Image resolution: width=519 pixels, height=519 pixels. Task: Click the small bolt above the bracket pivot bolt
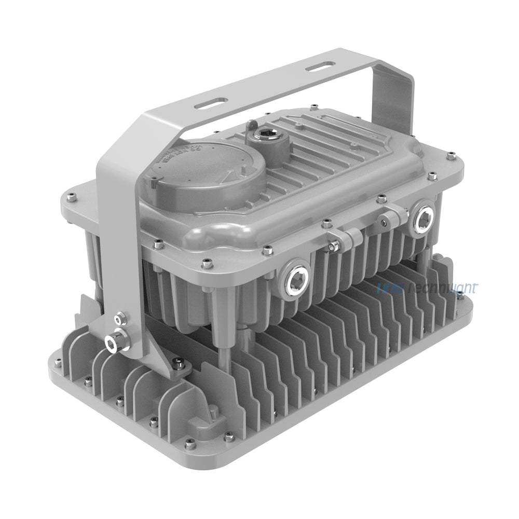tap(120, 317)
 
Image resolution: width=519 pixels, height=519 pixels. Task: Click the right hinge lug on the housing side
tap(391, 212)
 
